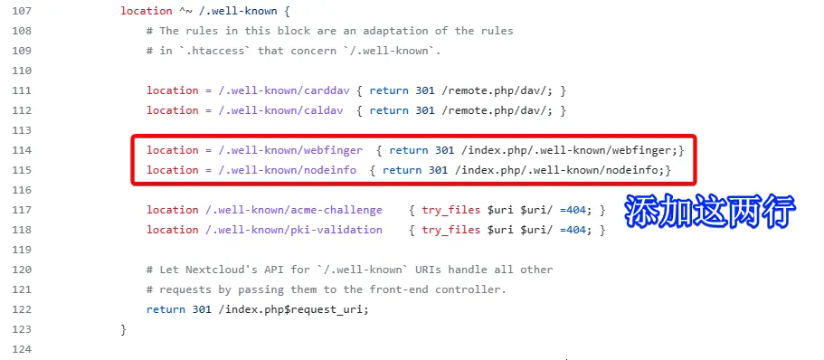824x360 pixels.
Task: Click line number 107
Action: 22,11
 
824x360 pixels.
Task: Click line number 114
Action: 22,150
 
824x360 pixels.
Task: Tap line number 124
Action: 22,349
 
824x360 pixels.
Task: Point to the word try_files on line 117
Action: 450,210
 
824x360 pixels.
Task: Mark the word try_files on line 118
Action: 450,230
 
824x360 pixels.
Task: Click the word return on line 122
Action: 166,309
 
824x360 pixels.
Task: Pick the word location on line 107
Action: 146,11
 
